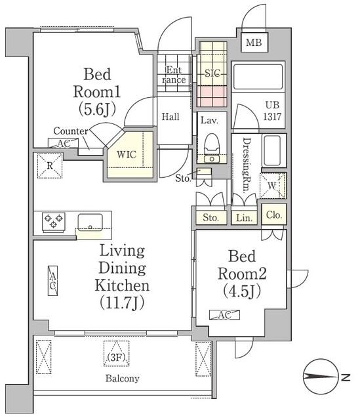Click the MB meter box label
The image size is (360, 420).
pos(254,42)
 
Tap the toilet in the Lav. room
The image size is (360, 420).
pos(212,148)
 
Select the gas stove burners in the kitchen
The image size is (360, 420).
pos(54,222)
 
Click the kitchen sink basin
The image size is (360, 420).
pos(90,222)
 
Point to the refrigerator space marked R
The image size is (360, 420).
pos(50,165)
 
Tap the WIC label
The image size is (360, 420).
pos(127,155)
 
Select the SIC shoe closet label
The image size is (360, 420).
pos(212,73)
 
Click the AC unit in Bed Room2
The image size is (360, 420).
pos(224,315)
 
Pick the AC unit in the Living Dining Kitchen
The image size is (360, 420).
pos(52,281)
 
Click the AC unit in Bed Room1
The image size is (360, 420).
pos(63,143)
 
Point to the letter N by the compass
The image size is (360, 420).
pos(346,377)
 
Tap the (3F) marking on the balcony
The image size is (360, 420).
pos(117,357)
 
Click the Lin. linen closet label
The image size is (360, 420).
pos(245,218)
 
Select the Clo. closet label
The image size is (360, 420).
pos(274,215)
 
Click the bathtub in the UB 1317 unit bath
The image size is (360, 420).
pos(258,77)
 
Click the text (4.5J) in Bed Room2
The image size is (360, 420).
pos(242,291)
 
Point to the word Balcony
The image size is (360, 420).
pos(123,379)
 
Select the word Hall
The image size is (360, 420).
pos(170,117)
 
